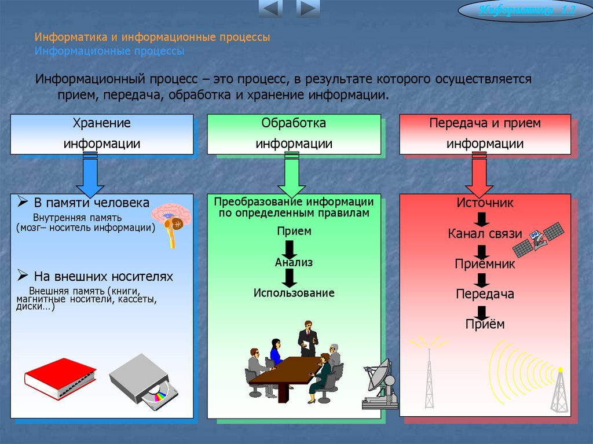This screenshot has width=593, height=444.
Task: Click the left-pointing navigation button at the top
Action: point(270,9)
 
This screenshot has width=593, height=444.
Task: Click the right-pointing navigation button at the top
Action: point(308,9)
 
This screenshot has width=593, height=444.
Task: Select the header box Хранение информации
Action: point(102,134)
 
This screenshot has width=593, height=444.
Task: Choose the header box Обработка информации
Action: point(294,134)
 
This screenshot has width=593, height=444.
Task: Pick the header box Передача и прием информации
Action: point(485,134)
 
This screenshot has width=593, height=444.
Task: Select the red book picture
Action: point(60,377)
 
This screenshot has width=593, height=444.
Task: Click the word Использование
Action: point(294,293)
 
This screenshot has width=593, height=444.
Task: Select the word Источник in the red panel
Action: point(485,203)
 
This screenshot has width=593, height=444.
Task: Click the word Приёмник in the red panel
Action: point(485,264)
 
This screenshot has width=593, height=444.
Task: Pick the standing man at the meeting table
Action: point(307,339)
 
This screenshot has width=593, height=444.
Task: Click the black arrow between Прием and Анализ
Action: point(290,247)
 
